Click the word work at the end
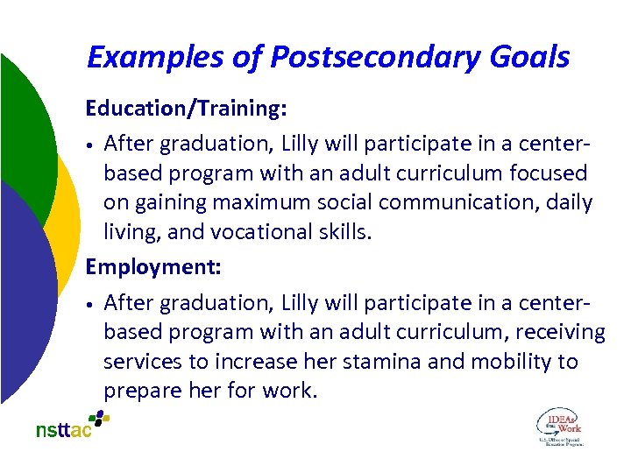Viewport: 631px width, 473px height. pos(288,391)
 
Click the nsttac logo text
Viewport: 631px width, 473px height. pos(64,430)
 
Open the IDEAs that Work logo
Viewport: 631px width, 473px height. pos(558,427)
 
